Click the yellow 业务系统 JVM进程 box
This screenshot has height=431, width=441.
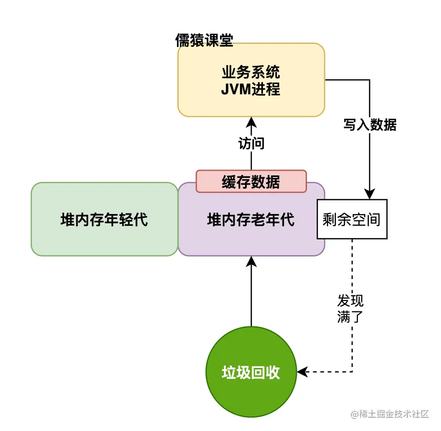(x=251, y=80)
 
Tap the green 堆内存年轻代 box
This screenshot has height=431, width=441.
(x=104, y=219)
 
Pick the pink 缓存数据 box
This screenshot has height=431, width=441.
(x=251, y=181)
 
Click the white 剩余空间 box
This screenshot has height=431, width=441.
(x=352, y=219)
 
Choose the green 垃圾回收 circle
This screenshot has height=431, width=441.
(x=251, y=372)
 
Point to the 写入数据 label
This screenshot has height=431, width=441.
(x=370, y=125)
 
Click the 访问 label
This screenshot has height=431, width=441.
(x=251, y=143)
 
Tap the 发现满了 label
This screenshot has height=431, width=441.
(x=350, y=308)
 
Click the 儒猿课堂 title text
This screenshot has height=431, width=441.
(x=204, y=41)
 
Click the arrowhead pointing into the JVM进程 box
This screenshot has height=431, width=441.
(x=251, y=121)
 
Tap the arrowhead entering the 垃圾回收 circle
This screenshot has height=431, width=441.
(x=302, y=372)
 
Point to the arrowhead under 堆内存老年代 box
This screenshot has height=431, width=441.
(x=251, y=261)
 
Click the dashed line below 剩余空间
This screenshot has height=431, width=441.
(x=352, y=274)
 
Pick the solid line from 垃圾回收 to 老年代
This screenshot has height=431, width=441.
(x=251, y=298)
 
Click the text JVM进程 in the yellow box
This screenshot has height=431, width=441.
(x=251, y=89)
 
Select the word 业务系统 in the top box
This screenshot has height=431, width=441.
(x=251, y=72)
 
